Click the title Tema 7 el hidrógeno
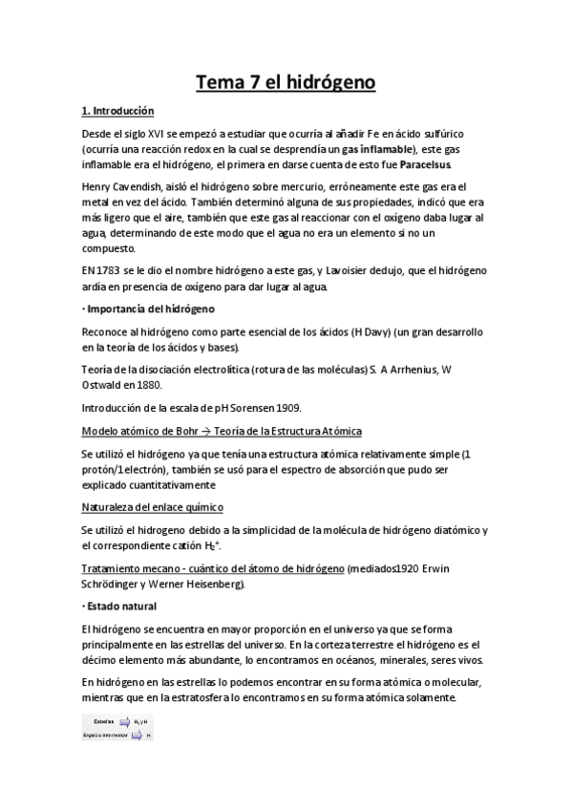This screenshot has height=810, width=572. pos(286,83)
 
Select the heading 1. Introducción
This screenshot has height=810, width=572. pos(118,112)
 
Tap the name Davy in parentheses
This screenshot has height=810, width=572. pos(355,330)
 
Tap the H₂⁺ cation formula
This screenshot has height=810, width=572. pos(239,545)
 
